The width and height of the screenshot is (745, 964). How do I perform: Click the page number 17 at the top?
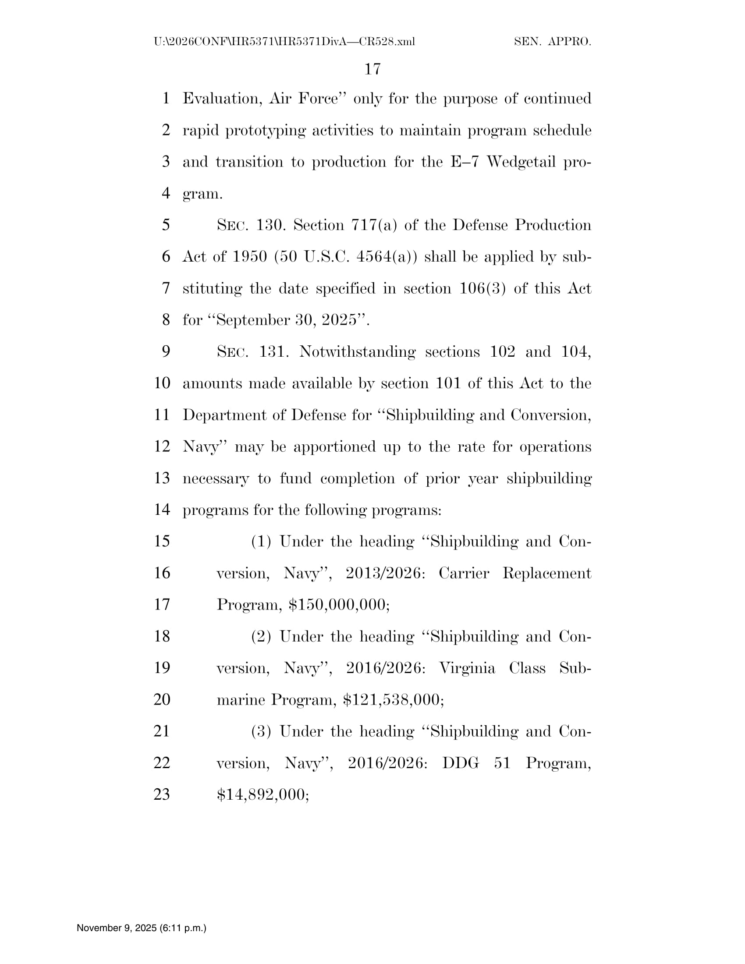[372, 69]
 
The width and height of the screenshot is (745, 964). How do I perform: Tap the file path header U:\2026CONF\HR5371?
[284, 42]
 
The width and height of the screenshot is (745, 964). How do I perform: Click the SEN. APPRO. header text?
[553, 42]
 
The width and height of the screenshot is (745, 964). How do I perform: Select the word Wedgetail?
[521, 162]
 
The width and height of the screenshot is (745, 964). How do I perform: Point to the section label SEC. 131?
[252, 352]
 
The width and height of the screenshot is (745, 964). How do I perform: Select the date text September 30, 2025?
[286, 319]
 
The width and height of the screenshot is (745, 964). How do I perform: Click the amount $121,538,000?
[392, 700]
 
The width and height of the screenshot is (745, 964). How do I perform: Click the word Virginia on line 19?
[467, 668]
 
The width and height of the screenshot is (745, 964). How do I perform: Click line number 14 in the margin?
[162, 510]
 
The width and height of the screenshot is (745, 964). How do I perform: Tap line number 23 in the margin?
[162, 794]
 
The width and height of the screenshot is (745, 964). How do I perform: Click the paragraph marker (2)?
[261, 637]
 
